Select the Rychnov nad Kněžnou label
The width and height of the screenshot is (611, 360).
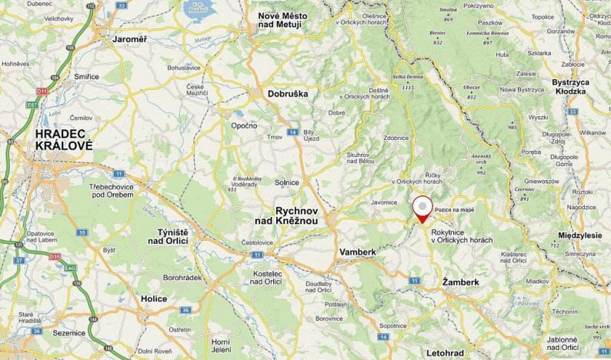pyautogui.click(x=297, y=215)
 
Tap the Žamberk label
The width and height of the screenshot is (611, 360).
pyautogui.click(x=461, y=282)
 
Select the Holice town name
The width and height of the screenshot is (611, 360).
pyautogui.click(x=154, y=298)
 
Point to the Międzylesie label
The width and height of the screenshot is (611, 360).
pyautogui.click(x=579, y=235)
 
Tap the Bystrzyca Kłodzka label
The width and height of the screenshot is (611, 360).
pyautogui.click(x=579, y=86)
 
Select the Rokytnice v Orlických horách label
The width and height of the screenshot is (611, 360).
pyautogui.click(x=462, y=235)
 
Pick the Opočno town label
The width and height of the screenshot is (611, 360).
pyautogui.click(x=244, y=125)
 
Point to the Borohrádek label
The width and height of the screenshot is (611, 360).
pyautogui.click(x=182, y=276)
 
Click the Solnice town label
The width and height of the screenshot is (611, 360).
pyautogui.click(x=286, y=182)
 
